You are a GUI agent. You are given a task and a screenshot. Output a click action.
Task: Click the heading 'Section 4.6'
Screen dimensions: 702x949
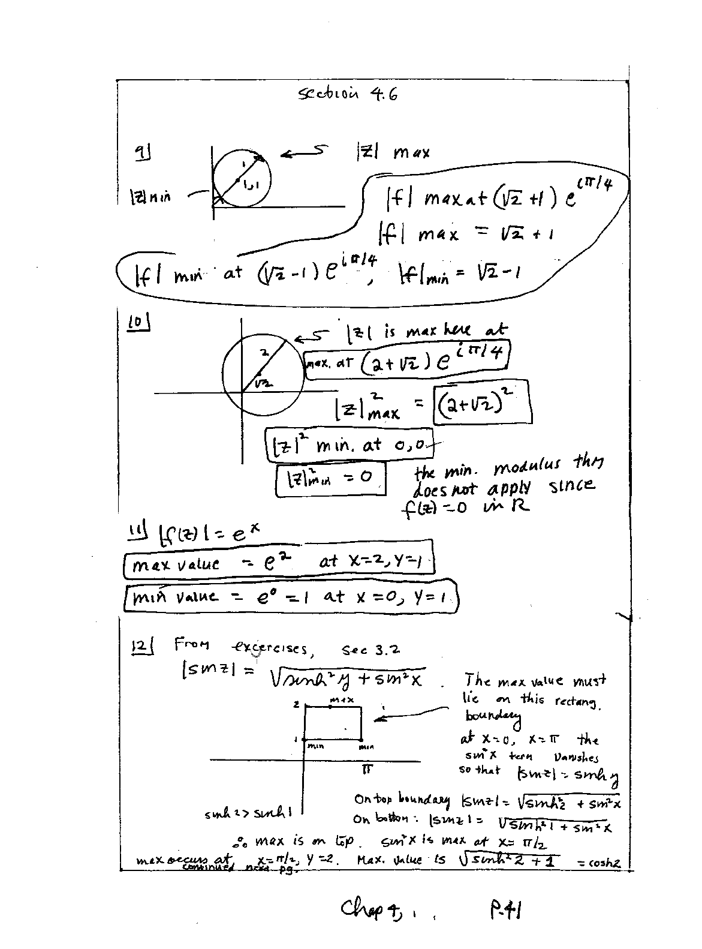(348, 94)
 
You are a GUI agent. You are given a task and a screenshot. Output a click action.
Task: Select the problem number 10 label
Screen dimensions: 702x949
(138, 322)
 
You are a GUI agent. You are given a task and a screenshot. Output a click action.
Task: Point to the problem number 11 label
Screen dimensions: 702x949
(138, 530)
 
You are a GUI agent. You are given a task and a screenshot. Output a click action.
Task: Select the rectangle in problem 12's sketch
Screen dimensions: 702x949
(333, 723)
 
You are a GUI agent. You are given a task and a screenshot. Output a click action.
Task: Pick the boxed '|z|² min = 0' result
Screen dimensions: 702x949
(329, 478)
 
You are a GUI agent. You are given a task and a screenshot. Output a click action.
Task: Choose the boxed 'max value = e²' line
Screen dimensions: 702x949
(278, 562)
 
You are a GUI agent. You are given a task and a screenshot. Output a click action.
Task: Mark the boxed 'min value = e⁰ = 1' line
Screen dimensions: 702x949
(291, 596)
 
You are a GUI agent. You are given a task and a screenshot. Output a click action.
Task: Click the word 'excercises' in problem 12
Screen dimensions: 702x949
(269, 648)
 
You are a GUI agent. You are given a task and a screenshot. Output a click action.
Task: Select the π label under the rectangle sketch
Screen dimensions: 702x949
(366, 768)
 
